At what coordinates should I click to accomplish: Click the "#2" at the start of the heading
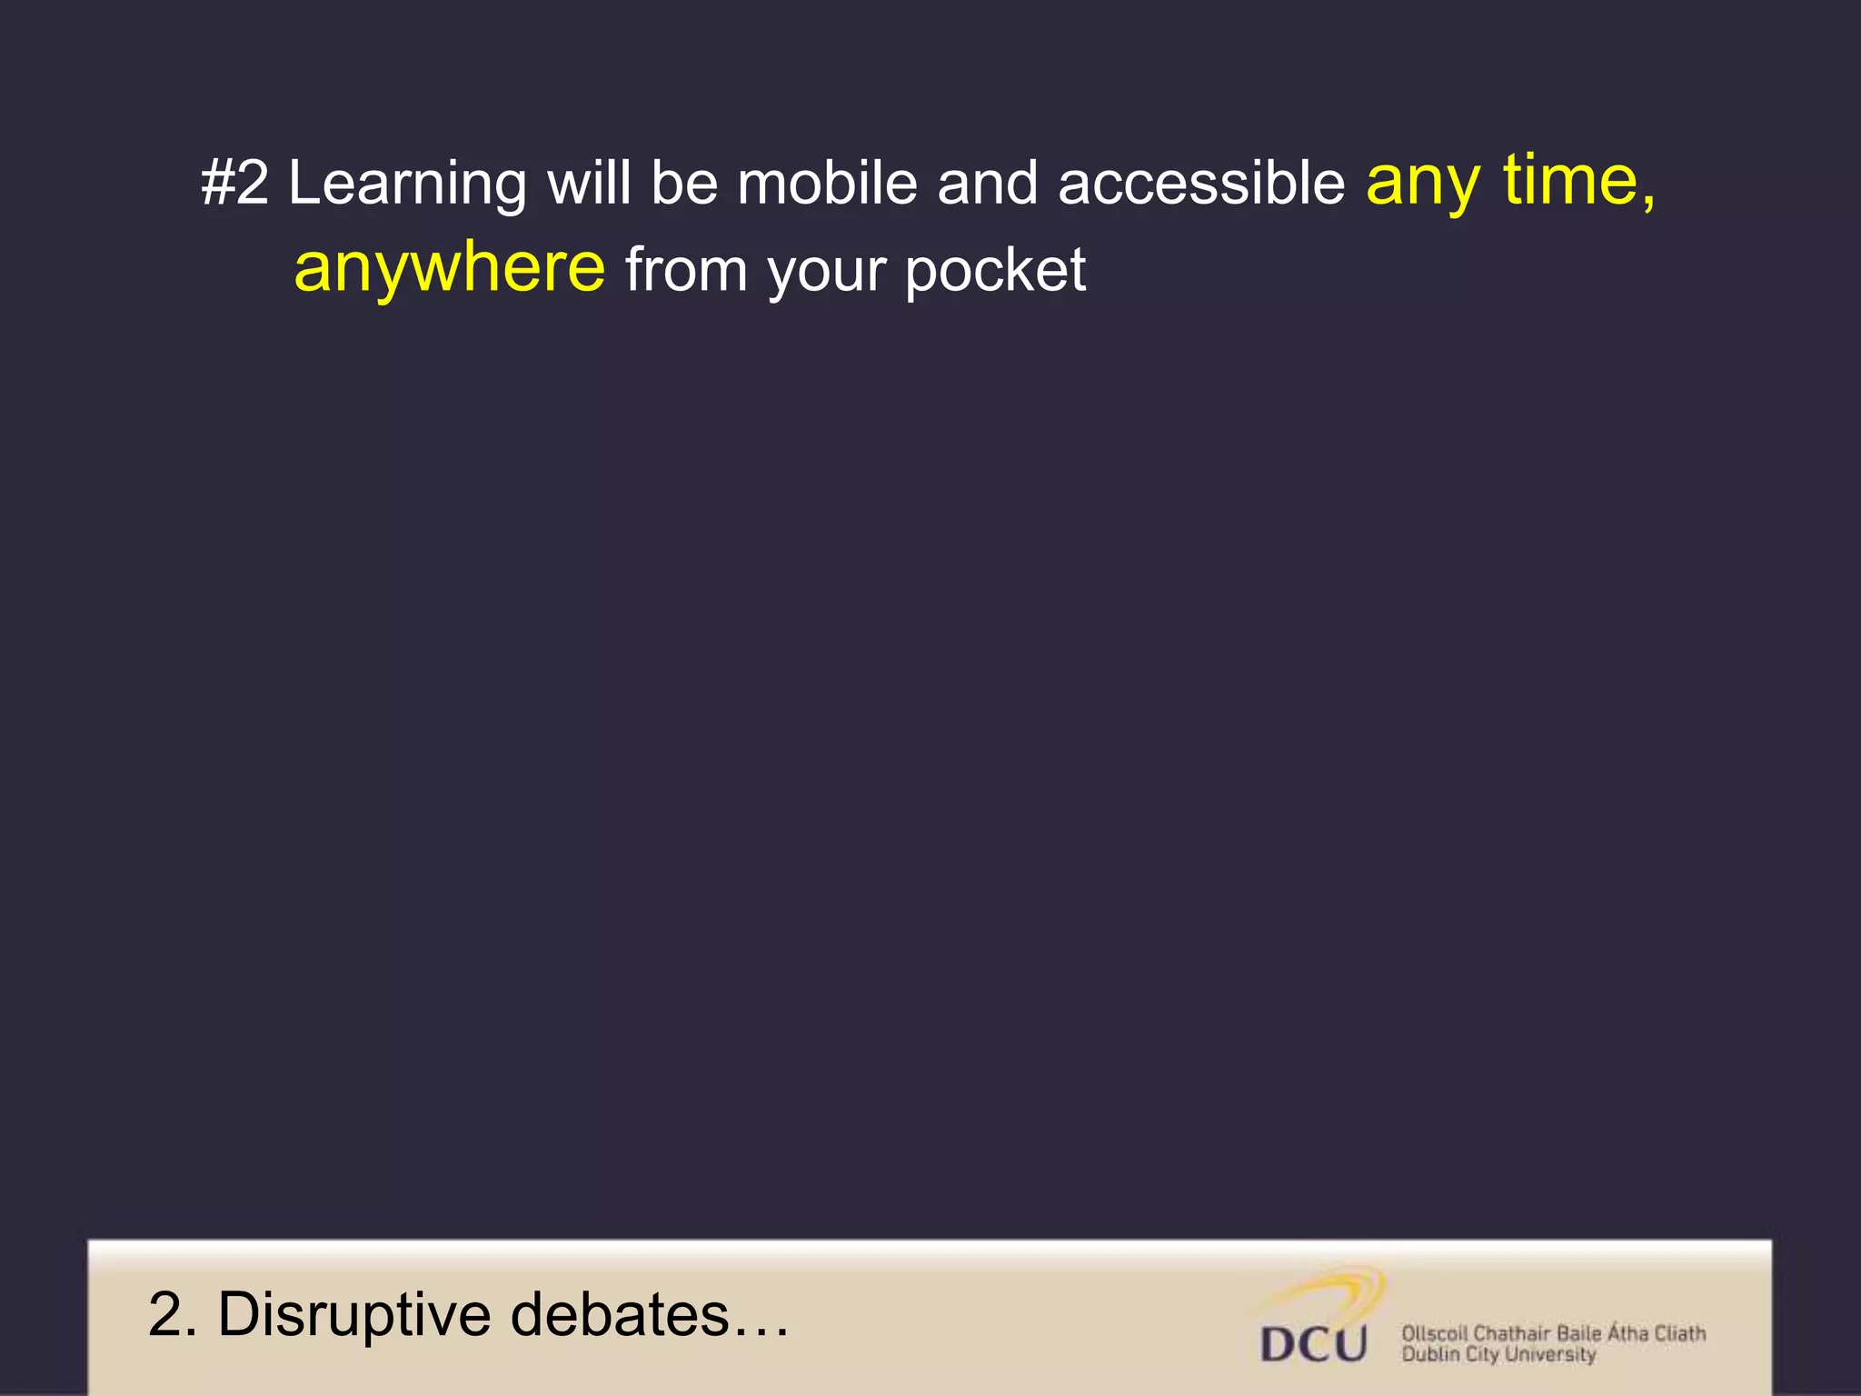[234, 183]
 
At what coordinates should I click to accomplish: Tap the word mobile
[826, 183]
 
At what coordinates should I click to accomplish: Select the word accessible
[1200, 183]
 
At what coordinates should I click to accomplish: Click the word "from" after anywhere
[686, 270]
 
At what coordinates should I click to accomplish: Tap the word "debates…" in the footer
[649, 1314]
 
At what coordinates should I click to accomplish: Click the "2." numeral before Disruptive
[172, 1314]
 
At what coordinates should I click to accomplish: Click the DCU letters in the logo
[1313, 1343]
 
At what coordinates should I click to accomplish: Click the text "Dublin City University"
[1498, 1354]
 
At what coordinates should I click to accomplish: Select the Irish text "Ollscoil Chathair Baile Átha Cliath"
[1553, 1332]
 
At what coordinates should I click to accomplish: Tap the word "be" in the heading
[683, 183]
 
